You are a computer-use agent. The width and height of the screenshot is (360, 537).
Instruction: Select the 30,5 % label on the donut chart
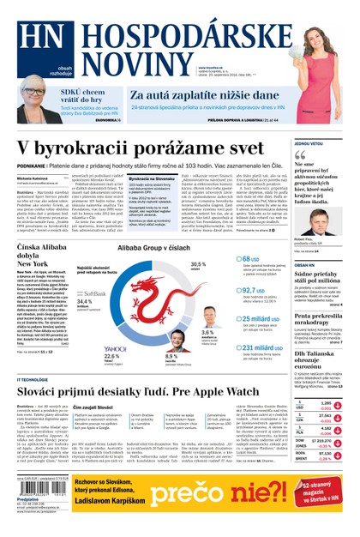click(198, 265)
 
